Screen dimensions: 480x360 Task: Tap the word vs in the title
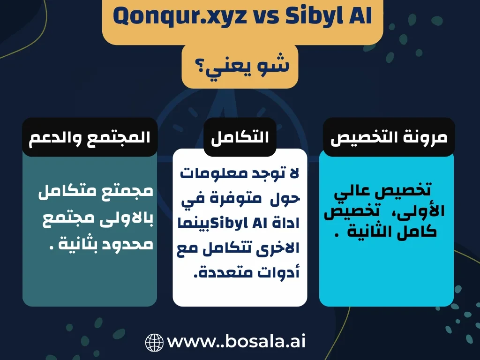point(266,17)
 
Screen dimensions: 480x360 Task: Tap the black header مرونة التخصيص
point(389,137)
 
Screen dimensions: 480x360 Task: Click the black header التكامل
point(240,137)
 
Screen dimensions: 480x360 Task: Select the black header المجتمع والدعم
point(90,137)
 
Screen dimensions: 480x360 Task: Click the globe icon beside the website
point(154,342)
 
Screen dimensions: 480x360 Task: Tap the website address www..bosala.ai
point(236,341)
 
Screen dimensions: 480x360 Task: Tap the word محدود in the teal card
point(127,245)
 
